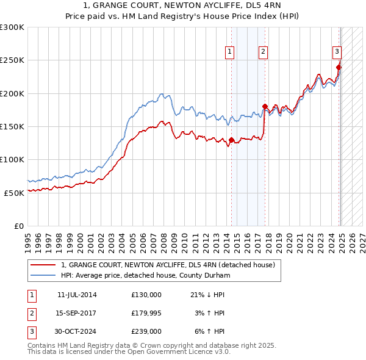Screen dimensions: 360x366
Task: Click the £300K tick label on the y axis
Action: (x=12, y=27)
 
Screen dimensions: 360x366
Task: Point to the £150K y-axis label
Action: (x=12, y=126)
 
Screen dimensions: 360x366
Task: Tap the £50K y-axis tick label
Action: (x=14, y=192)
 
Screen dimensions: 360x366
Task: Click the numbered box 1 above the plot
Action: (x=230, y=52)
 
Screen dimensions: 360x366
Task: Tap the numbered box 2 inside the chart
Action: (x=263, y=52)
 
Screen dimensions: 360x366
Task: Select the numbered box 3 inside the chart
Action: (x=336, y=52)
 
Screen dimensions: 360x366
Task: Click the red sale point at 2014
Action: (x=231, y=140)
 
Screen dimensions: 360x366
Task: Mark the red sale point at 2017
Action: (x=265, y=107)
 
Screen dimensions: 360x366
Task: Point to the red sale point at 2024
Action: (x=339, y=68)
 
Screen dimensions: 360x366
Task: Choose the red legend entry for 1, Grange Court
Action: (x=168, y=265)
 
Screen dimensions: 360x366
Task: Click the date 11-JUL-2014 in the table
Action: (x=77, y=295)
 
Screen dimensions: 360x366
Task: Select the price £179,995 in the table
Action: (x=146, y=313)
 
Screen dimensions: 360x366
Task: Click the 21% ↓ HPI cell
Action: (x=207, y=295)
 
